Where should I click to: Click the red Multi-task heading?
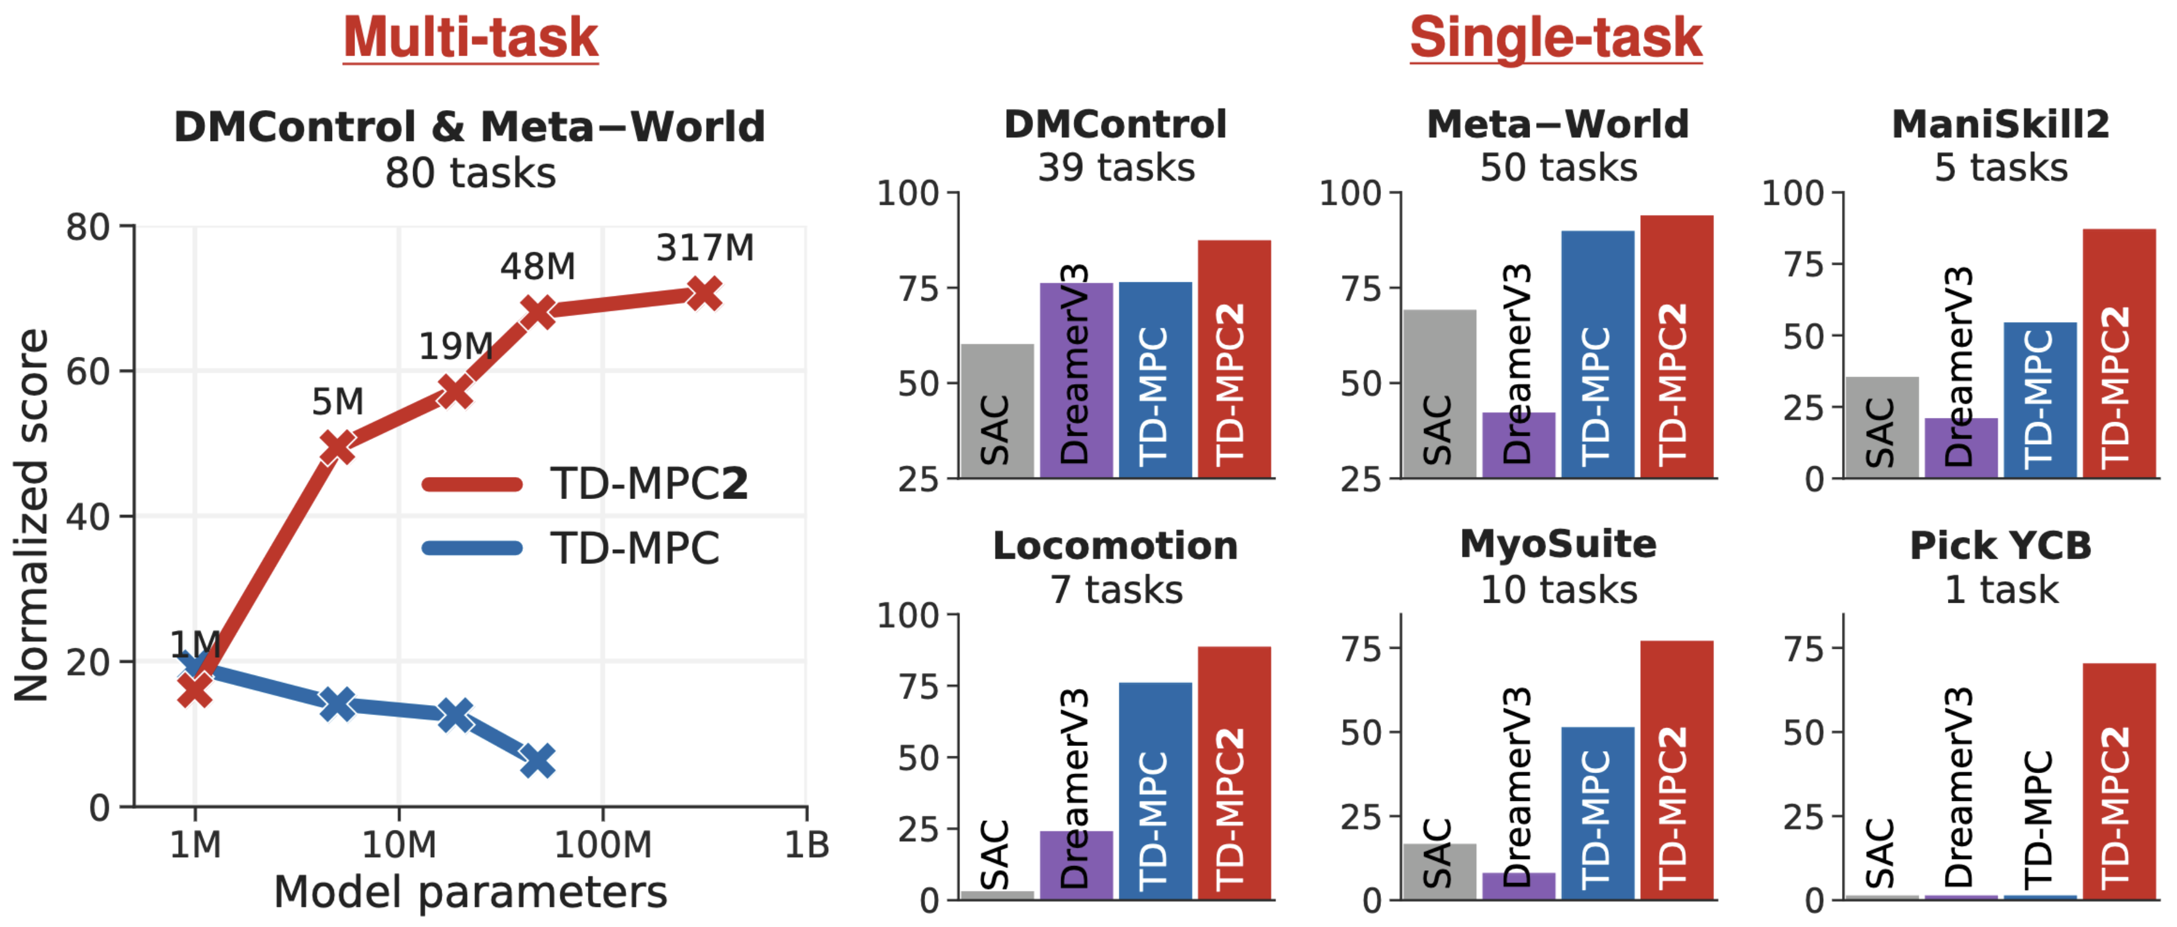(x=470, y=38)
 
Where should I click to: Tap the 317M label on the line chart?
(x=705, y=247)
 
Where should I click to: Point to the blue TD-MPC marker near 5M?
(x=338, y=704)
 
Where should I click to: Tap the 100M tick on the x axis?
(x=603, y=844)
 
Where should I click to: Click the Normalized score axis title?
(x=31, y=516)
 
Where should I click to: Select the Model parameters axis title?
(x=470, y=892)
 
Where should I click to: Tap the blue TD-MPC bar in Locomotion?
(x=1155, y=790)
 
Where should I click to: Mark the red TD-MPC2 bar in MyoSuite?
(x=1677, y=769)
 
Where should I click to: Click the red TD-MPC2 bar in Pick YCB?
(x=2118, y=781)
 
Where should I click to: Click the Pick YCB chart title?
(x=2001, y=546)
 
